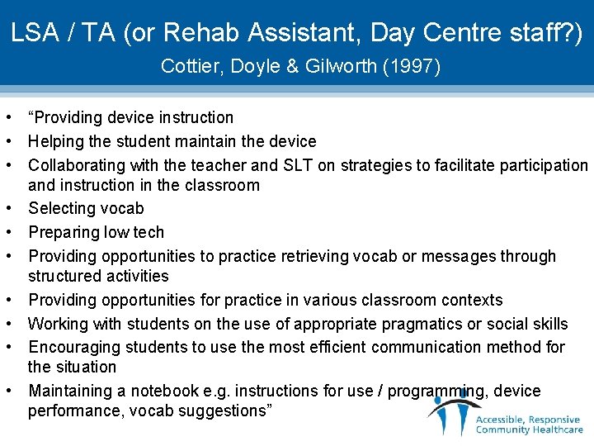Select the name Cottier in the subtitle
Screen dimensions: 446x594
(187, 66)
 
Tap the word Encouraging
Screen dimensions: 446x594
(74, 347)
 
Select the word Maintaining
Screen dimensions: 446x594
(70, 391)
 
